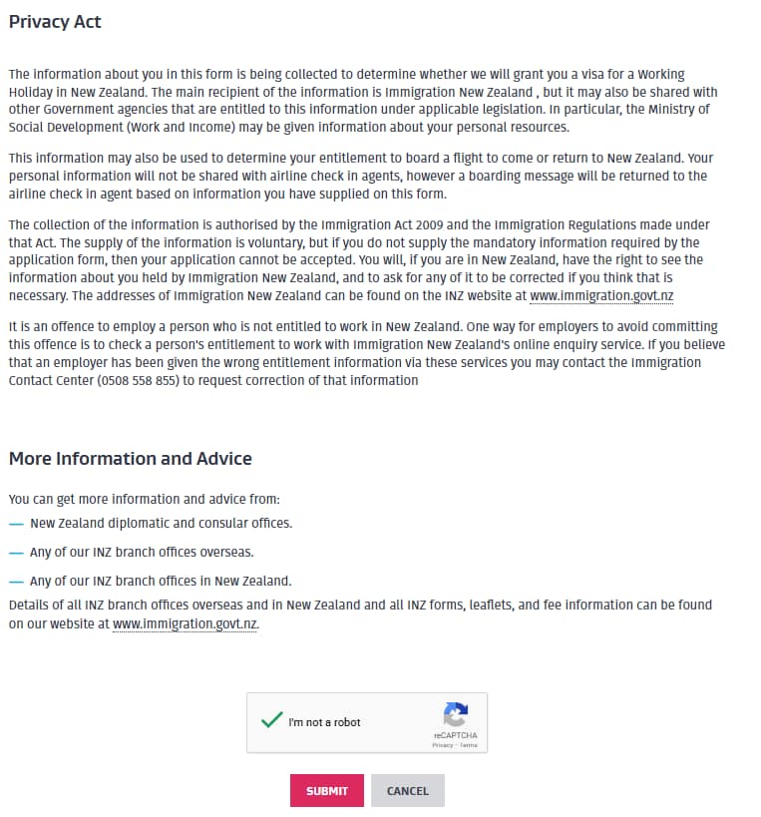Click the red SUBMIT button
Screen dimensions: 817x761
pos(327,791)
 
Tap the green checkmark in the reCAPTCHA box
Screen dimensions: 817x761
pos(270,720)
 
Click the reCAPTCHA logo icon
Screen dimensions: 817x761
pos(456,715)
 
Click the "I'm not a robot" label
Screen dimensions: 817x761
pos(324,722)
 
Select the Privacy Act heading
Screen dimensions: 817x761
pos(55,22)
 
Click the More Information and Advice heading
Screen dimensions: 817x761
pos(130,459)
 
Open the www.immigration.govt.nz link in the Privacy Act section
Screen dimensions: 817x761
pos(601,296)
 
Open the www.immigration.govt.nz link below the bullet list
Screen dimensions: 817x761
pos(185,624)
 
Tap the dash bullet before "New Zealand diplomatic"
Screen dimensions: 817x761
pos(15,524)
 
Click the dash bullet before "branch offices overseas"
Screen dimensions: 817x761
pos(15,553)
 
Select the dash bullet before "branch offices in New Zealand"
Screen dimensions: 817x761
pos(15,582)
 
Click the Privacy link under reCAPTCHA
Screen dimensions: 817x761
pos(442,745)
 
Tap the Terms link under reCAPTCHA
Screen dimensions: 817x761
pos(469,745)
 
